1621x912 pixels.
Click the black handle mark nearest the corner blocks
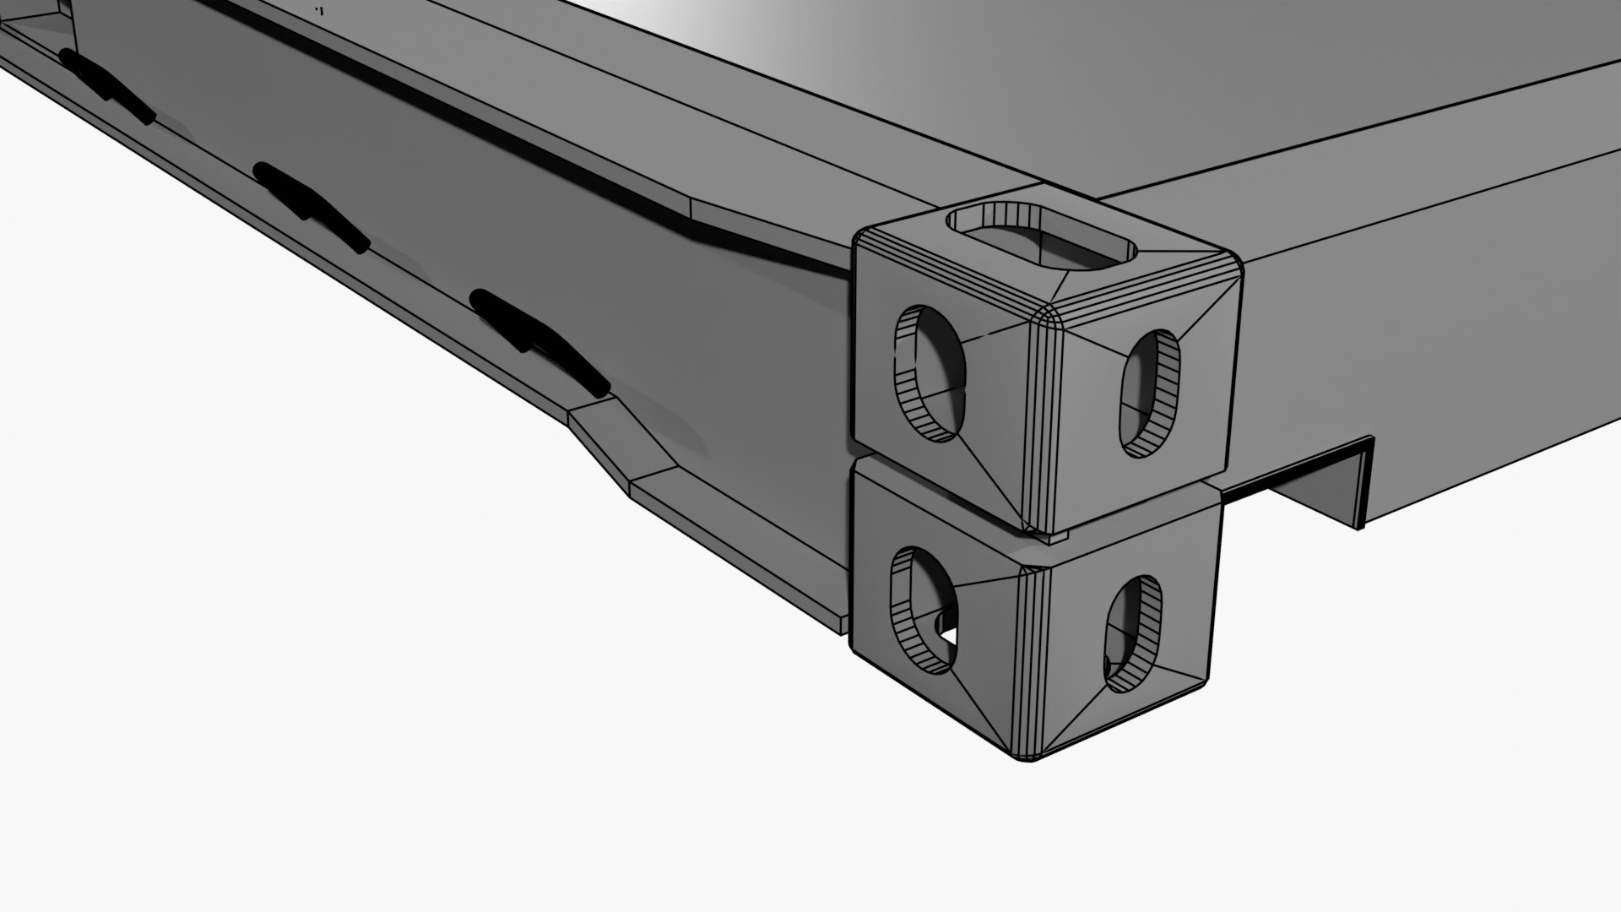pyautogui.click(x=540, y=342)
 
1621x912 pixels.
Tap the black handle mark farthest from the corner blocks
pyautogui.click(x=106, y=84)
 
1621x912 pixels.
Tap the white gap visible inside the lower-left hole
pyautogui.click(x=947, y=632)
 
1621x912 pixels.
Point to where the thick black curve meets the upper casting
pyautogui.click(x=848, y=270)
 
